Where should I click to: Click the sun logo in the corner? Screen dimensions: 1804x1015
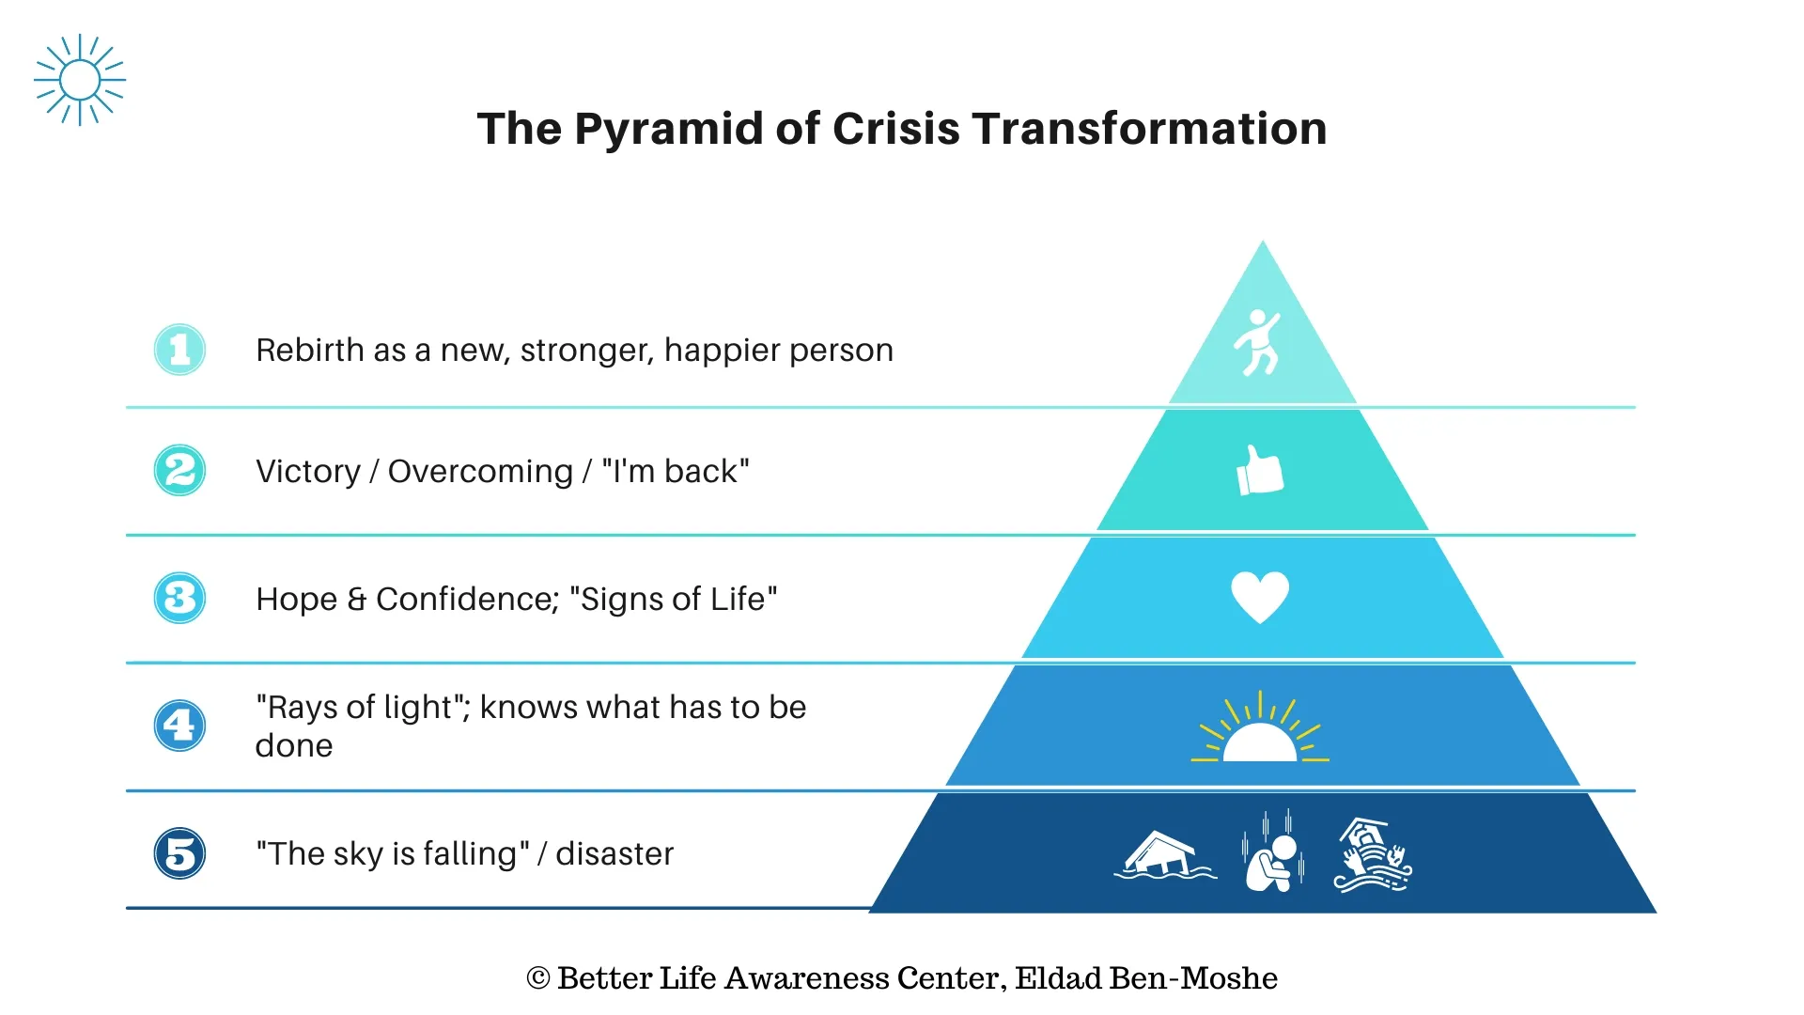tap(80, 80)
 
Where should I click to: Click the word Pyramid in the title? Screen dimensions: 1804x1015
tap(668, 130)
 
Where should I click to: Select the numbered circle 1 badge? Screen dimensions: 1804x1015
tap(179, 350)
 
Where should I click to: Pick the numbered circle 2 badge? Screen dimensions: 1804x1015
tap(179, 470)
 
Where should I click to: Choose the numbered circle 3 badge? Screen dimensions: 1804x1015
tap(179, 598)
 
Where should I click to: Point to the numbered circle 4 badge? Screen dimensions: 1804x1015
tap(179, 726)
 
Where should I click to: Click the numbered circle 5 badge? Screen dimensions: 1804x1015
tap(179, 853)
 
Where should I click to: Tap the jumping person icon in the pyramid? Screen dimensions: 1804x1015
tap(1258, 342)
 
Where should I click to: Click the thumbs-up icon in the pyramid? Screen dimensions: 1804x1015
tap(1260, 470)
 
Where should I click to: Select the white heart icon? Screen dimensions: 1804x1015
tap(1260, 598)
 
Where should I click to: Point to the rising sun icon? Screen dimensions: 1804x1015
tap(1260, 729)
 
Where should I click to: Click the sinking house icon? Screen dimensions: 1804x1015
tap(1165, 855)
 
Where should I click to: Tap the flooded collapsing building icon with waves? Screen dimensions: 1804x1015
tap(1373, 855)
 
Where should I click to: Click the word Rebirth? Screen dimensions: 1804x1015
tap(309, 350)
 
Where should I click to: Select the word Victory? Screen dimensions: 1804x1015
tap(308, 471)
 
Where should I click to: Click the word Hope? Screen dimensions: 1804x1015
tap(296, 599)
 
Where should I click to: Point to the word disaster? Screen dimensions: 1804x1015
tap(614, 853)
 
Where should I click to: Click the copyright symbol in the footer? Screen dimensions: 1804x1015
tap(538, 978)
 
